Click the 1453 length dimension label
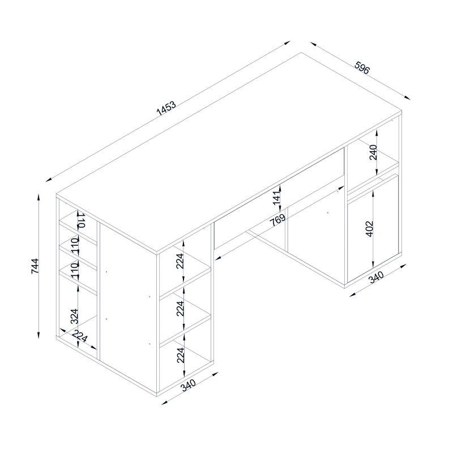click(166, 108)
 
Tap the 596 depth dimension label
click(362, 67)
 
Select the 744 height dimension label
click(35, 266)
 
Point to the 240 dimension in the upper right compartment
click(373, 152)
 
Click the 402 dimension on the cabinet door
click(370, 229)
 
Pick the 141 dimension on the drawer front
click(277, 198)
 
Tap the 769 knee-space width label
click(277, 220)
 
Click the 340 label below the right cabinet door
click(377, 277)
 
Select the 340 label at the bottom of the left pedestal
click(189, 385)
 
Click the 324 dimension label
click(75, 316)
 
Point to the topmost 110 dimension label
click(80, 220)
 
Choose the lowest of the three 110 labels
click(75, 271)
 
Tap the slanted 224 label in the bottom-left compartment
click(79, 336)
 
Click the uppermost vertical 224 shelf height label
click(180, 261)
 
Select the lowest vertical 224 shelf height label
click(180, 355)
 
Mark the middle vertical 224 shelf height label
click(180, 309)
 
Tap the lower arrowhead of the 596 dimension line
click(407, 97)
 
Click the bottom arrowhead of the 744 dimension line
click(38, 335)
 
